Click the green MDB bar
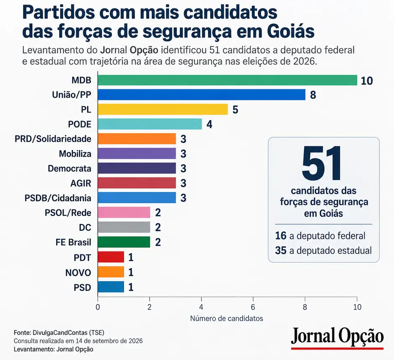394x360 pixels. pos(228,80)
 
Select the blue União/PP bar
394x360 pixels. pos(202,95)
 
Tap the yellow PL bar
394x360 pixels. pos(163,109)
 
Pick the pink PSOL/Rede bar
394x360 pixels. pos(124,212)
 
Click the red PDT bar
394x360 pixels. pos(111,257)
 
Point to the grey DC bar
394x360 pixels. pos(124,227)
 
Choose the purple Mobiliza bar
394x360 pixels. pos(137,153)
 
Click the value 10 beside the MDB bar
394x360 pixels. pos(367,80)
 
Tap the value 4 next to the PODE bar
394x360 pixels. pos(209,124)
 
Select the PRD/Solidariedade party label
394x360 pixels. pos(53,139)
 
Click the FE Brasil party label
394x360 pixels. pos(73,242)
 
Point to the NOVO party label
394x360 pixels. pos(78,272)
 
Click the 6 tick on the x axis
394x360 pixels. pos(253,307)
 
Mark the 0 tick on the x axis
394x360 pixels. pos(98,307)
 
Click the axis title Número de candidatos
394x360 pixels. pos(227,319)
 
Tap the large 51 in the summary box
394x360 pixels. pos(322,163)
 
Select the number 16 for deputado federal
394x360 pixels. pos(281,236)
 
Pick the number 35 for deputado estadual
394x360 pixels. pos(281,251)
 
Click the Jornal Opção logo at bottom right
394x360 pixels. pos(337,338)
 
